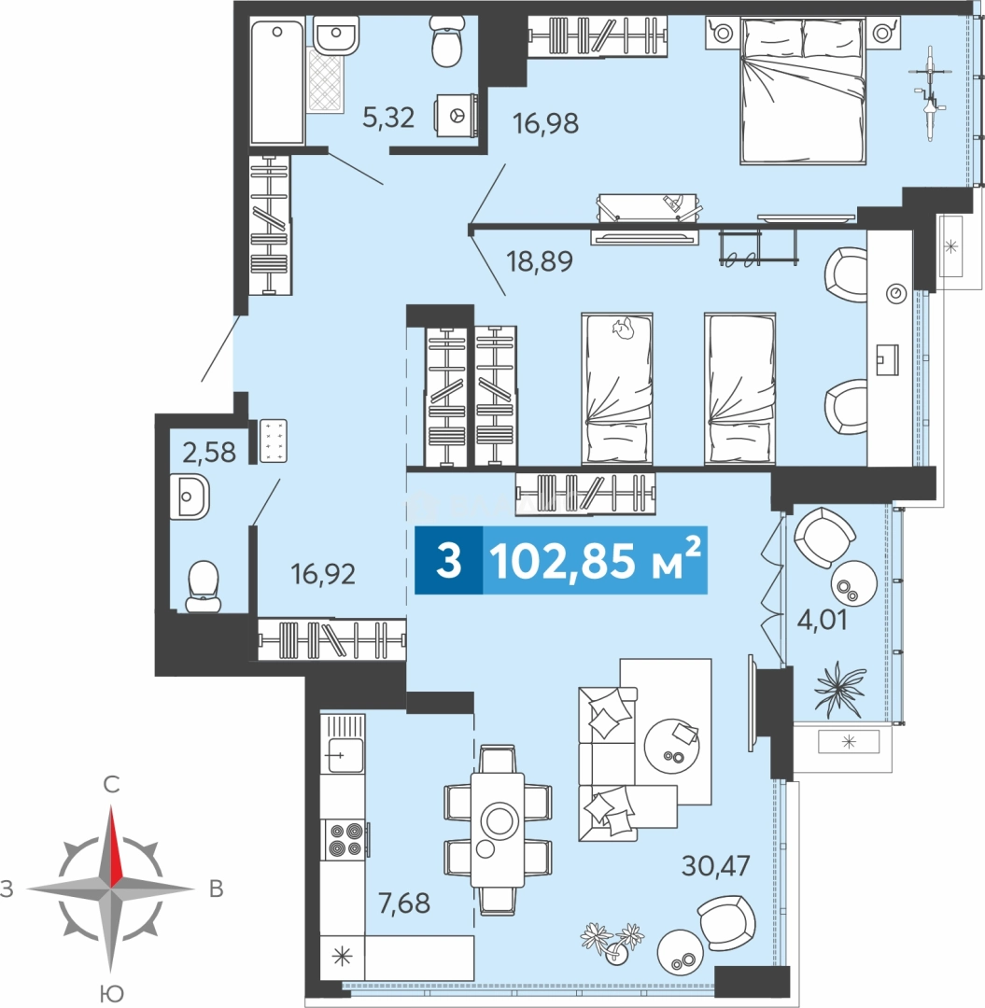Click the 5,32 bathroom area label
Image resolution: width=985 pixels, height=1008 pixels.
387,118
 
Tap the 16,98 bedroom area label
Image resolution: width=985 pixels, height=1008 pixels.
545,123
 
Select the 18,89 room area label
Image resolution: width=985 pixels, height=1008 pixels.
539,261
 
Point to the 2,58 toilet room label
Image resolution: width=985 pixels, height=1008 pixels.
209,452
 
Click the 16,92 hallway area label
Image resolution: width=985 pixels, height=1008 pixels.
323,573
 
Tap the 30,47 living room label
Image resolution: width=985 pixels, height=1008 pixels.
715,865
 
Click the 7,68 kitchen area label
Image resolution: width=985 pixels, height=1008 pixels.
403,903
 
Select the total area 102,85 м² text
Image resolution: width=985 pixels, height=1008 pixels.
595,560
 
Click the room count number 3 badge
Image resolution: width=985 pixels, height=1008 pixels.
448,560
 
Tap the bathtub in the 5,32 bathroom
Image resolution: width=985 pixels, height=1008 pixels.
277,82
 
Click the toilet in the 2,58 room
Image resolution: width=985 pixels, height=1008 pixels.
204,585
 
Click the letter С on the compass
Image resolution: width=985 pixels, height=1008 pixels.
111,784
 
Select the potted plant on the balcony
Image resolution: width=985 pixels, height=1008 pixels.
839,689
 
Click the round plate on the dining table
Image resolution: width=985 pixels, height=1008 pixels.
499,821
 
